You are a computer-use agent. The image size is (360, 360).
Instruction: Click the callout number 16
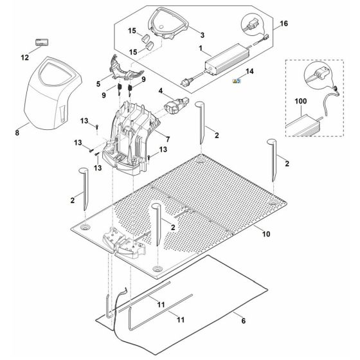(x=283, y=23)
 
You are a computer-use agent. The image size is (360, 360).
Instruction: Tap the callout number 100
(x=301, y=101)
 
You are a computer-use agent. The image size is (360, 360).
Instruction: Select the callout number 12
(x=25, y=57)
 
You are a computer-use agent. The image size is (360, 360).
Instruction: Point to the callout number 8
(x=17, y=132)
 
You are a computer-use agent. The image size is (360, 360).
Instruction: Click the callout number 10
(x=266, y=234)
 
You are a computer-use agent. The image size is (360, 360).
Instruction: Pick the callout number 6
(x=244, y=321)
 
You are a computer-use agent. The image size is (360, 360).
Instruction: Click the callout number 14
(x=249, y=71)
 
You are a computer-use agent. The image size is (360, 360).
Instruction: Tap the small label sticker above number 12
(x=42, y=42)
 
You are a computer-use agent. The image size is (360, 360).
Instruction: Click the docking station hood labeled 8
(x=53, y=93)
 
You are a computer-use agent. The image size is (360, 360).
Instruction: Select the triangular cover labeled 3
(x=168, y=23)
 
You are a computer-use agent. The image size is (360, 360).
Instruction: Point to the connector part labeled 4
(x=176, y=106)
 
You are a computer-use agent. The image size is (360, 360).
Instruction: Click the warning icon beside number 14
(x=237, y=80)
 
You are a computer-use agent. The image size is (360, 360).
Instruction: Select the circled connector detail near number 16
(x=252, y=24)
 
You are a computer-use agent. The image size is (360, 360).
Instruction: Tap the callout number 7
(x=168, y=139)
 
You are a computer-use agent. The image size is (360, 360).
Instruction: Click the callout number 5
(x=98, y=84)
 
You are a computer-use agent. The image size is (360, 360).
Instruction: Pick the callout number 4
(x=161, y=91)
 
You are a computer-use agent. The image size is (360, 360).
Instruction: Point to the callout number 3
(x=202, y=35)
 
